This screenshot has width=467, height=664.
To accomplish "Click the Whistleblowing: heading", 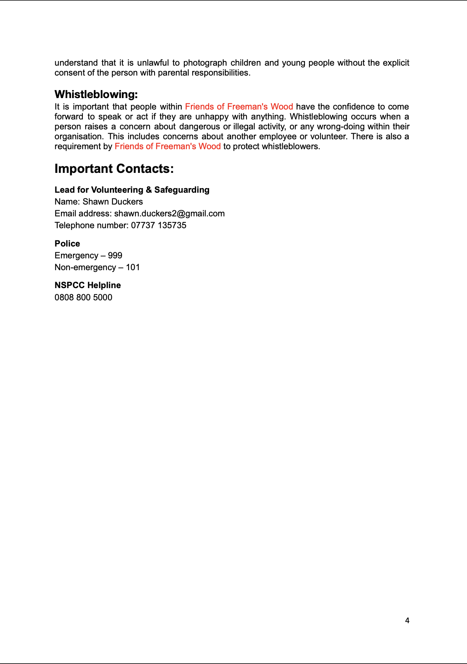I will [96, 94].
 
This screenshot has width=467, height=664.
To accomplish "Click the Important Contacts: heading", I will [114, 169].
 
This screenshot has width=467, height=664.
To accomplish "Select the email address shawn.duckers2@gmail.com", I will [169, 214].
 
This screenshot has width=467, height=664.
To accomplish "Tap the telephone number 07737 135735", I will [158, 226].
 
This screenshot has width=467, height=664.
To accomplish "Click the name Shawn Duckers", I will [113, 202].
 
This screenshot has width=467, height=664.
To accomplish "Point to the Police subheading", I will [67, 244].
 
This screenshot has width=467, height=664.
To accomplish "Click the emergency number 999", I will [115, 256].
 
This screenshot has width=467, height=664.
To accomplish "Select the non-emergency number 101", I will [133, 268].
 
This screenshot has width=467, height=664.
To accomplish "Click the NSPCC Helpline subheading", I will [87, 285].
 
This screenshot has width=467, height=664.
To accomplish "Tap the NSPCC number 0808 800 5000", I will [83, 298].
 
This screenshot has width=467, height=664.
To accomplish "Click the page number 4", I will [407, 620].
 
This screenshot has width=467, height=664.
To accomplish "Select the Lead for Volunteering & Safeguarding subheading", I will [132, 190].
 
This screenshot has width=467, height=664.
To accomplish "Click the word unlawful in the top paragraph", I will [153, 63].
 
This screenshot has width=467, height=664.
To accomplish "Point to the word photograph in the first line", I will [205, 63].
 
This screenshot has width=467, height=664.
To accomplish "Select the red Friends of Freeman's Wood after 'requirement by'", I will [167, 147].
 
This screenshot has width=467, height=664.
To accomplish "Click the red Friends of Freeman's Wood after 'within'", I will [239, 107].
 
